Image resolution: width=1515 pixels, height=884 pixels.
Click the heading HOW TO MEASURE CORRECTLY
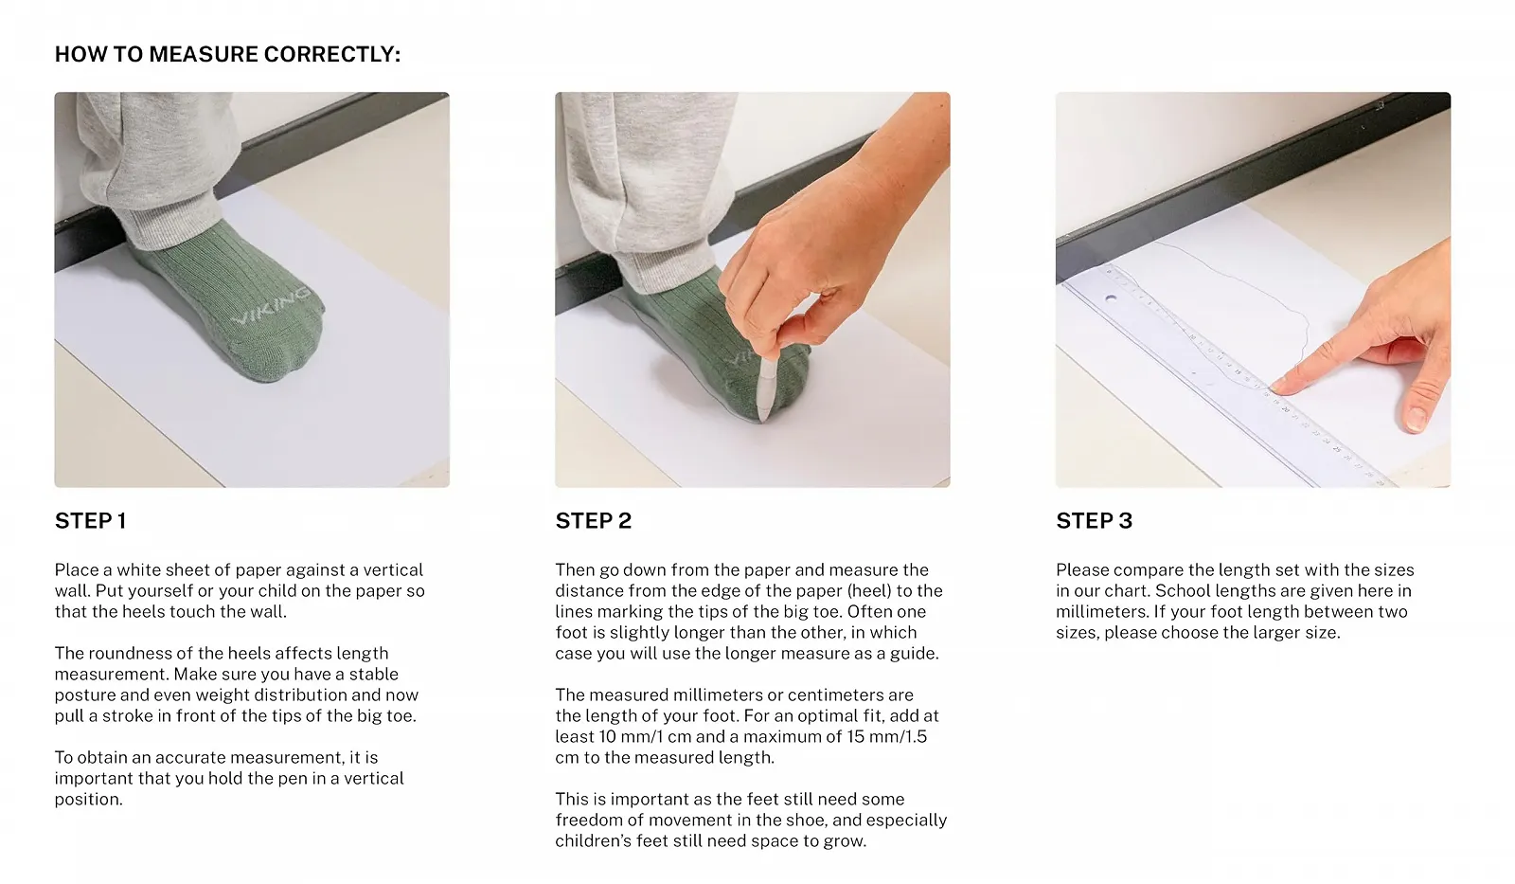227,54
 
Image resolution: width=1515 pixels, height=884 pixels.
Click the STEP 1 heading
90,520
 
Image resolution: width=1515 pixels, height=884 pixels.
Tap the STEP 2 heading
593,520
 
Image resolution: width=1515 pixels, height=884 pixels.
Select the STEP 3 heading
1094,520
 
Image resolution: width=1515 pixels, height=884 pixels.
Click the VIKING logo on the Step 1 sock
272,305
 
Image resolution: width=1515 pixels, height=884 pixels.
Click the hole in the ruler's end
1111,298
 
